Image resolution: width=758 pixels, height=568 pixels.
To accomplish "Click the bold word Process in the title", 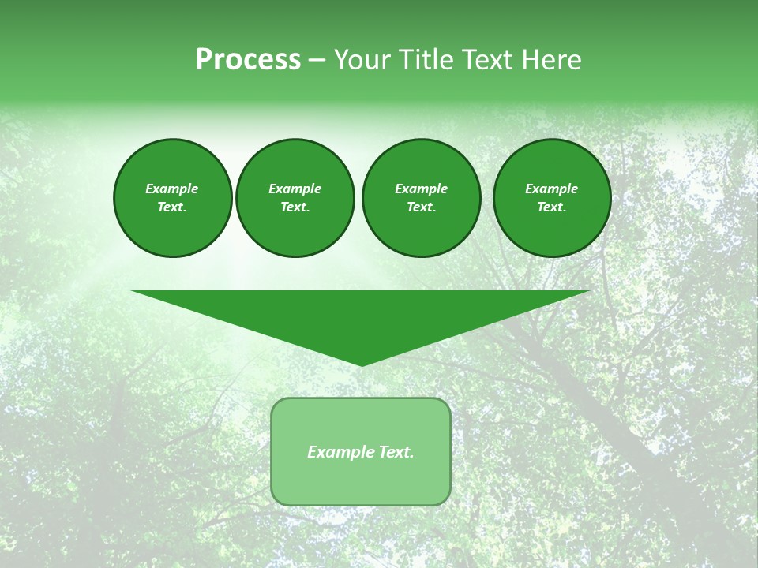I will point(248,60).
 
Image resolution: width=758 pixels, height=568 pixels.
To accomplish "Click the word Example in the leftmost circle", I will point(172,189).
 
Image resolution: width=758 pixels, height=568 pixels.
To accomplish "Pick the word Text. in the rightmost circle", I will point(551,207).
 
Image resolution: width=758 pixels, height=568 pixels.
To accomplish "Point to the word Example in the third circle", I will point(421,189).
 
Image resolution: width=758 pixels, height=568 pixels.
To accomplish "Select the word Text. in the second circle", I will point(295,207).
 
